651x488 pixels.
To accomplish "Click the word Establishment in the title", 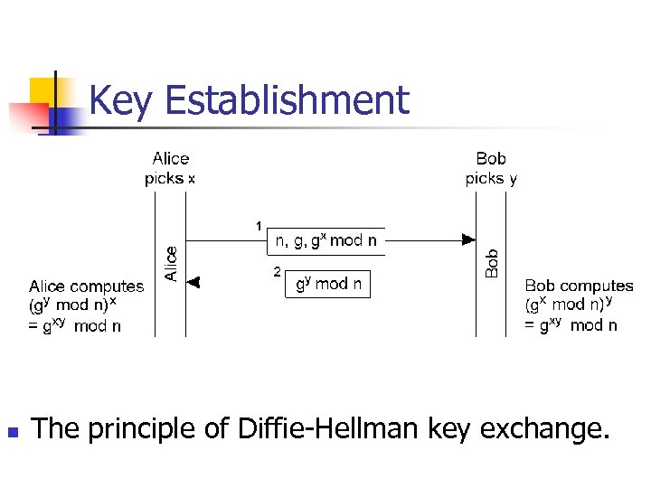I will (x=288, y=100).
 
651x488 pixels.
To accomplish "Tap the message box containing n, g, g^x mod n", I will (x=326, y=241).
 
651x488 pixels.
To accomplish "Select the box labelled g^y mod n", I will (x=328, y=284).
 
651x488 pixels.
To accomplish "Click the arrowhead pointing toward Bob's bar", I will (x=467, y=239).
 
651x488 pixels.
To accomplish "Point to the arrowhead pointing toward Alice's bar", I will (x=193, y=283).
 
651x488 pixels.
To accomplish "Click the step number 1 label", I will (x=259, y=225).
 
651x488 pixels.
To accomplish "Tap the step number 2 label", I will (x=277, y=271).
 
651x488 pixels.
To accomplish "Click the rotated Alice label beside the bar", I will (x=171, y=264).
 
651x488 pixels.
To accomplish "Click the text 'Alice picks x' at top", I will (x=170, y=169).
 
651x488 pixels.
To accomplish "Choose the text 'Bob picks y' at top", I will (x=491, y=169).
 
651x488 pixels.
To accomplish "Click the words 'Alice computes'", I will (x=86, y=286).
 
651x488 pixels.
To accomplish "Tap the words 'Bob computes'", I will (x=579, y=286).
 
